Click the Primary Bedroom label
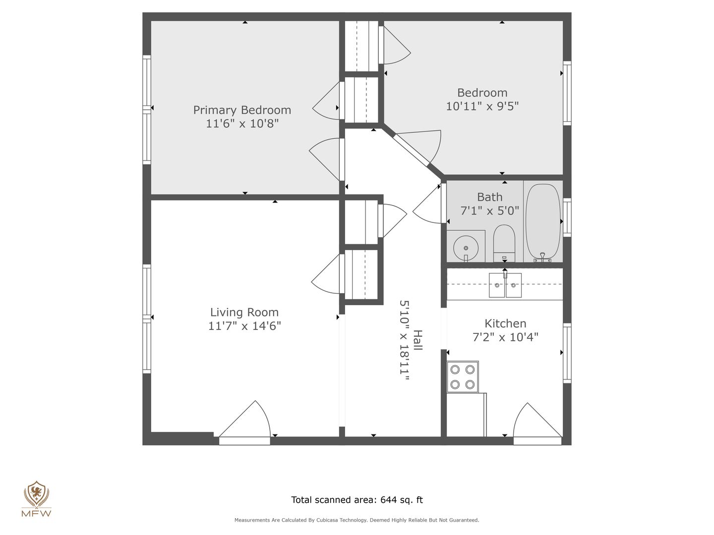242,110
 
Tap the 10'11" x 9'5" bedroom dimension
482,106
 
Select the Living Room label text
244,312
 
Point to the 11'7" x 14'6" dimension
244,326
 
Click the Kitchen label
505,323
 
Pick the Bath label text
489,197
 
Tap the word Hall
417,340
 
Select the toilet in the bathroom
504,243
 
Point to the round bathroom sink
466,248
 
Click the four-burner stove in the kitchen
462,377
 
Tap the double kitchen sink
505,285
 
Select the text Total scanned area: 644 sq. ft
357,500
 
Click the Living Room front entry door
244,423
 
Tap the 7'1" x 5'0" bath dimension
489,211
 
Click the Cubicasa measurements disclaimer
357,520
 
